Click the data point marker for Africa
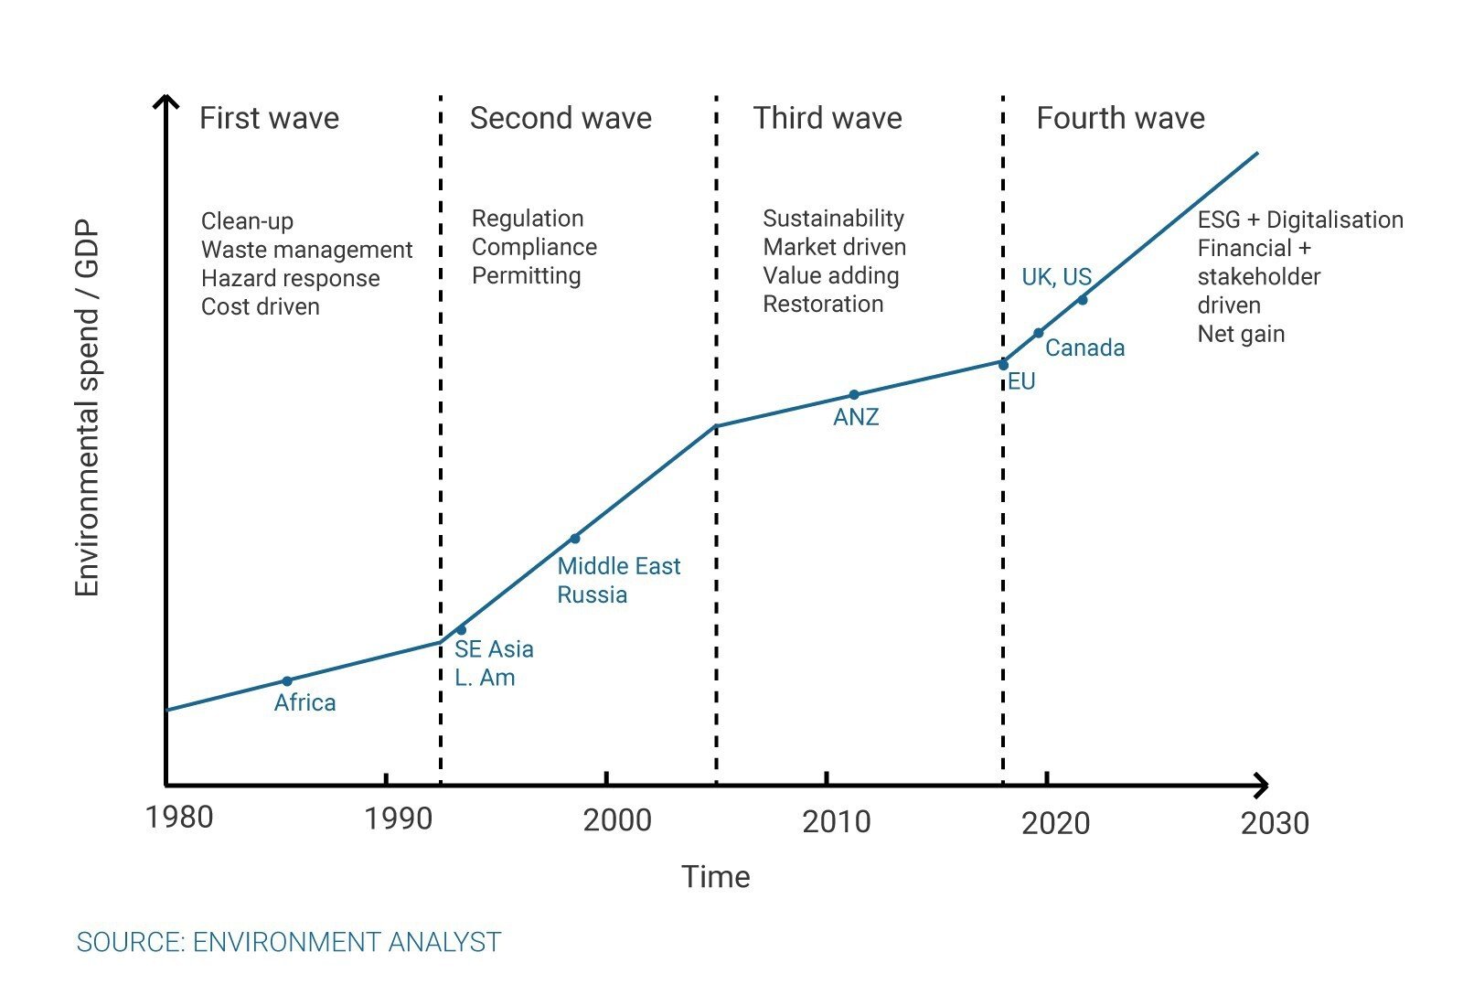point(287,680)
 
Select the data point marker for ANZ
point(854,395)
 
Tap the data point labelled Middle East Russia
point(575,539)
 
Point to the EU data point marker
point(1003,365)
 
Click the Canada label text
point(1084,348)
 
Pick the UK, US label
point(1056,277)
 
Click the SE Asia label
point(494,649)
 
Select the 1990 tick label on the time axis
point(398,819)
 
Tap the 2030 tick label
point(1275,823)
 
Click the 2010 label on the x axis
point(836,821)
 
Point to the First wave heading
point(269,119)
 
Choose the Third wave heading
point(828,119)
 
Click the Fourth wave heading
point(1120,119)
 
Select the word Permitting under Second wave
point(526,276)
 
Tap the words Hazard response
point(290,278)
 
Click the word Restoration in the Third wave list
point(823,305)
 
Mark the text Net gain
point(1241,334)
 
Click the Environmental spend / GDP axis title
point(87,408)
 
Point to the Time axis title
point(715,877)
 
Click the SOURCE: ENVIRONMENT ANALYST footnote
point(289,942)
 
